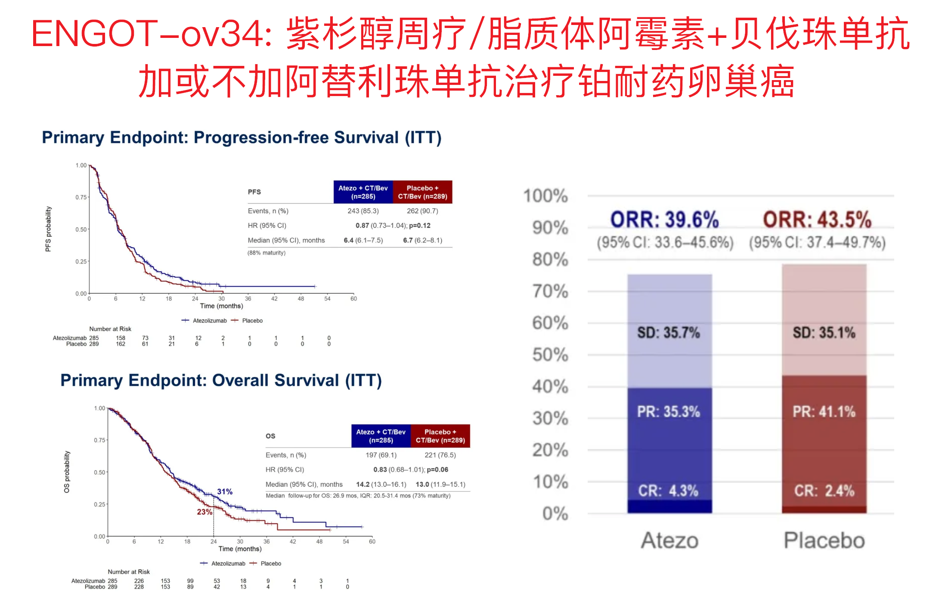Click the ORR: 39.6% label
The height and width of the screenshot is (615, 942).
[664, 220]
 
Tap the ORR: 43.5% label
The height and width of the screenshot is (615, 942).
[817, 220]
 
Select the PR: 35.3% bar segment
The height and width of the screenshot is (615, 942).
[669, 444]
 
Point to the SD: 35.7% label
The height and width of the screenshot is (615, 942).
[669, 332]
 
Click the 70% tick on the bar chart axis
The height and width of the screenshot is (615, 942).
[550, 292]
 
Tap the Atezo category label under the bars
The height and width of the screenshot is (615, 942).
[669, 540]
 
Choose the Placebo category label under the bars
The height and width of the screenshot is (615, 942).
[824, 540]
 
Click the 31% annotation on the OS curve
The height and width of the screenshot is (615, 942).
[225, 491]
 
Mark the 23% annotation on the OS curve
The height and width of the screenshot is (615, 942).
[205, 512]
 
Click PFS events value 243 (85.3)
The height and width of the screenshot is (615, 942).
[363, 211]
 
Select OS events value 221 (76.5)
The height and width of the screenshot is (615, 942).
[440, 455]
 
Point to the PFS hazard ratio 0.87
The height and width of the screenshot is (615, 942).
[362, 226]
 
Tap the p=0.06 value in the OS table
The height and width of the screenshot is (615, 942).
[437, 469]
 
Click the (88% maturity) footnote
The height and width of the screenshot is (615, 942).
[266, 253]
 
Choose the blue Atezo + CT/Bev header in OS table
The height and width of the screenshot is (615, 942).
[381, 436]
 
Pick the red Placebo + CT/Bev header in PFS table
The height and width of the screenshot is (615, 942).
[422, 192]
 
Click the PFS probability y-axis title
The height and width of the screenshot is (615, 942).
[48, 229]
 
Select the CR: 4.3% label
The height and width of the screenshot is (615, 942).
[668, 491]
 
